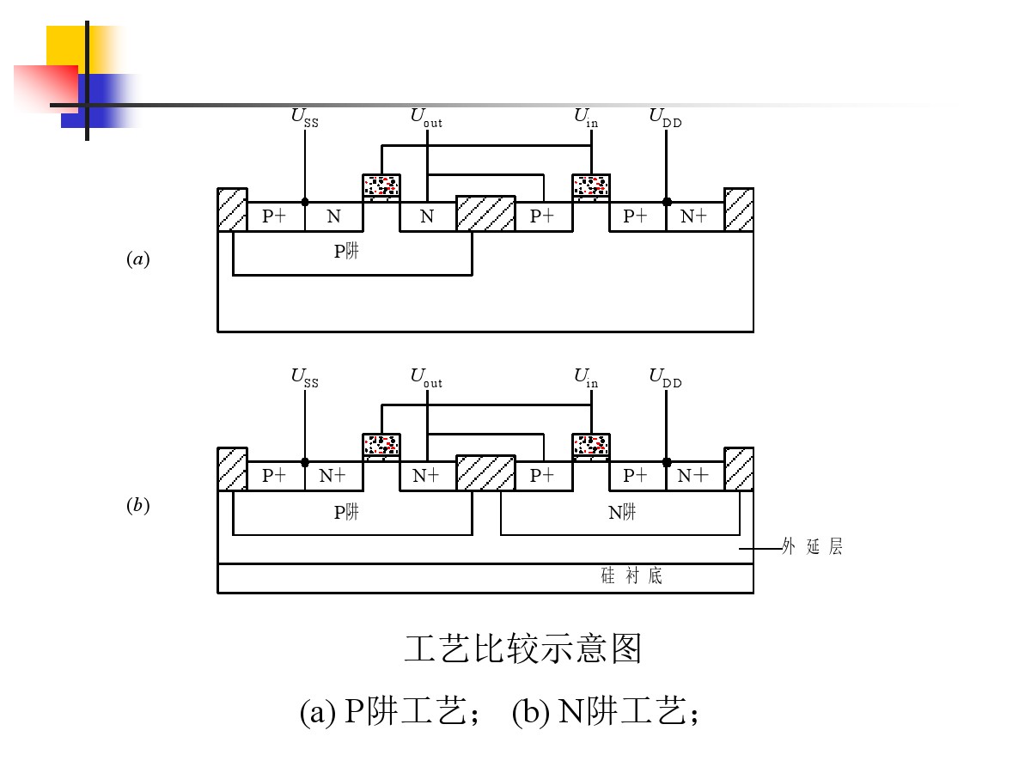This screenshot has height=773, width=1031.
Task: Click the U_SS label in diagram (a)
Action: click(x=305, y=118)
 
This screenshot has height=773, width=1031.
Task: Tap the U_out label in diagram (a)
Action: click(x=426, y=118)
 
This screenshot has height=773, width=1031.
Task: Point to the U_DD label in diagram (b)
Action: click(x=666, y=378)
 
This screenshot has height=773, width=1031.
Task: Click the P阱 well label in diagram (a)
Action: click(x=346, y=252)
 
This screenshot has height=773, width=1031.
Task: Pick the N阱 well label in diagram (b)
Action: click(x=622, y=513)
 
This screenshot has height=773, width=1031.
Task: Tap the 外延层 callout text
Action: click(x=812, y=547)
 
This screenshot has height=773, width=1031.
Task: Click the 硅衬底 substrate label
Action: click(x=631, y=576)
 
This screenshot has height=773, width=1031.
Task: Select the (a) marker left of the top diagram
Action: click(x=138, y=259)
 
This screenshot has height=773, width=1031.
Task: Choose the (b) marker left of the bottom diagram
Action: click(x=138, y=506)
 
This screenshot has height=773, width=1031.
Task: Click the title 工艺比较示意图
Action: click(x=523, y=649)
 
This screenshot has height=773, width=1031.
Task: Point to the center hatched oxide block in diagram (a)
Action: click(x=485, y=214)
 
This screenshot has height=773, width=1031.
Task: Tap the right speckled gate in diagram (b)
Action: click(x=591, y=445)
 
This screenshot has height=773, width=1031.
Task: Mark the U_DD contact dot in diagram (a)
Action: click(x=667, y=202)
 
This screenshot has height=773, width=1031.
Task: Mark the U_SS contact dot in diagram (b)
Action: click(x=305, y=462)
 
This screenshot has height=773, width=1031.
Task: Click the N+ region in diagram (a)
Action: click(x=693, y=216)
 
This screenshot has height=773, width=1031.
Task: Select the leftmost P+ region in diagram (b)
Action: click(x=275, y=476)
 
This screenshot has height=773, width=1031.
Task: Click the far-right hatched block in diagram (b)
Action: click(x=739, y=469)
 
